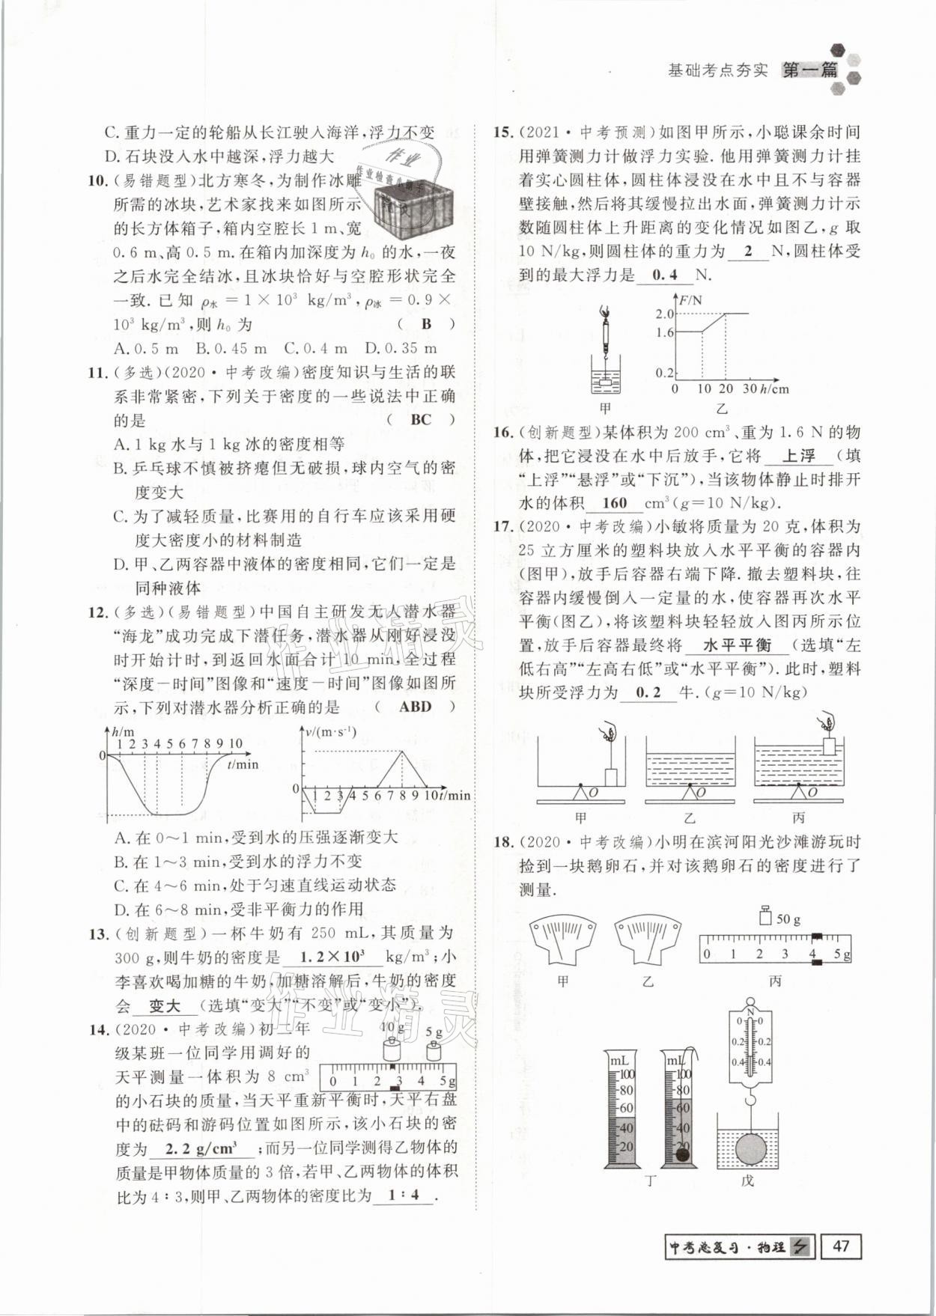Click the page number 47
point(841,1246)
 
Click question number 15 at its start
point(502,132)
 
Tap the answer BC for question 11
point(420,419)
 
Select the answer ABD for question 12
point(415,706)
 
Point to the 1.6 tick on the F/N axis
point(664,332)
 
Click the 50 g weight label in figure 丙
point(788,919)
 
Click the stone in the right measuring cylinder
point(682,1154)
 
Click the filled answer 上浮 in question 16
point(798,455)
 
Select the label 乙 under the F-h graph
point(722,409)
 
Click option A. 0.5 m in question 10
point(147,348)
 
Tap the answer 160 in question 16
point(614,503)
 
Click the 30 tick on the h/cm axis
point(749,389)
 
